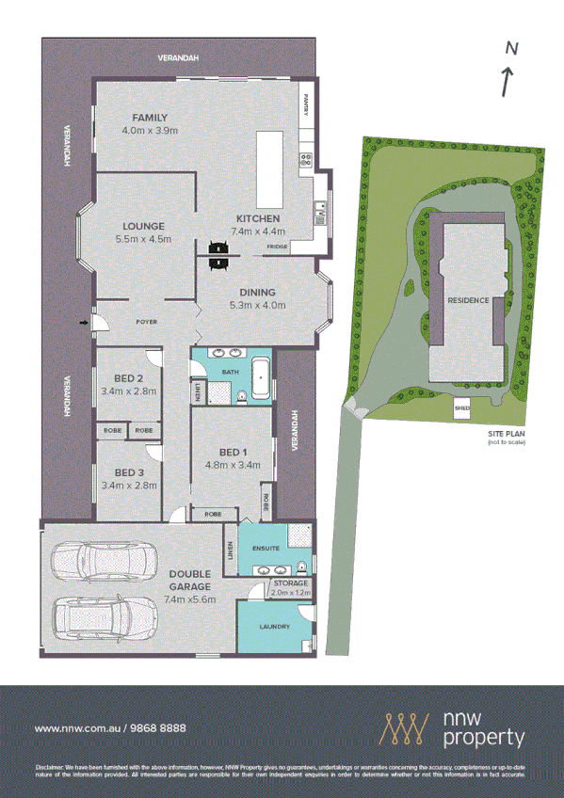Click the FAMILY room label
[x=151, y=118]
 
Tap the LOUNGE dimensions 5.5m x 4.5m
[x=143, y=239]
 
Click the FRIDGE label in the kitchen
[x=277, y=247]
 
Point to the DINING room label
[x=257, y=292]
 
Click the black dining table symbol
[x=219, y=255]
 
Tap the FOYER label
[x=146, y=322]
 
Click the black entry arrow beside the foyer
[x=85, y=324]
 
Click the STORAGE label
[x=289, y=584]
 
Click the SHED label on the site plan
[x=461, y=408]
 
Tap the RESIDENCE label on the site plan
[x=467, y=300]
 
